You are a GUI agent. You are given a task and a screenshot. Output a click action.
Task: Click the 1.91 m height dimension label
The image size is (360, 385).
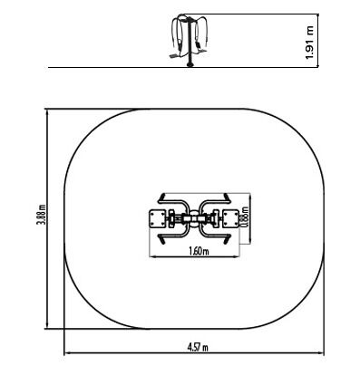coord(310,43)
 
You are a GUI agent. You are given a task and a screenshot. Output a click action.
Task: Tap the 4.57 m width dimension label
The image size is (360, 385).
coord(198,348)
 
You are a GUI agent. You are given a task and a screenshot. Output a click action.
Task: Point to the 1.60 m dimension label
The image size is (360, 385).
coord(199,251)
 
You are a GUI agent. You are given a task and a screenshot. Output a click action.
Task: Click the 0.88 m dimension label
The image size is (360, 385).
coord(245,217)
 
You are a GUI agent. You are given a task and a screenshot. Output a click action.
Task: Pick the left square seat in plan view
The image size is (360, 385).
coord(158,219)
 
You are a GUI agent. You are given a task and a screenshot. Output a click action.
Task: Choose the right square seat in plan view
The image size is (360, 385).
coord(231,219)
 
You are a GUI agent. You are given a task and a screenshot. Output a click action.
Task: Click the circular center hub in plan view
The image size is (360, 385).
coord(194,218)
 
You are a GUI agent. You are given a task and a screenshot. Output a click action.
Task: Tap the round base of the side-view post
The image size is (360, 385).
coord(190,64)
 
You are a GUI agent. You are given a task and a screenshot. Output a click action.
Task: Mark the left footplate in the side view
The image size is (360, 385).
coord(174,56)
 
